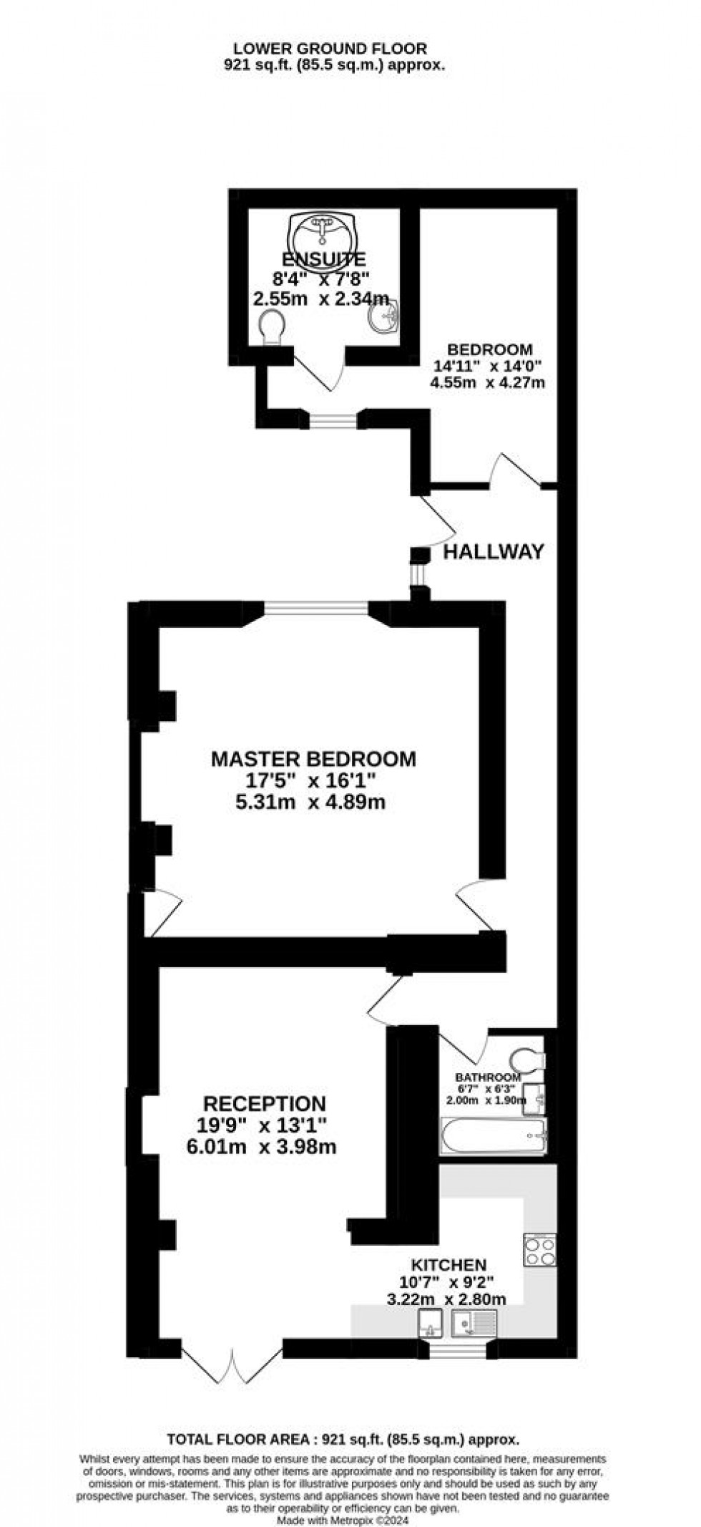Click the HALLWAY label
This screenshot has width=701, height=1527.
point(494,551)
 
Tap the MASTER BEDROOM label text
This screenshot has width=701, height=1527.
point(313,759)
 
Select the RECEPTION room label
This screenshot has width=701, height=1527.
point(264,1103)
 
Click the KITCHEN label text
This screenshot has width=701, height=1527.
point(448,1265)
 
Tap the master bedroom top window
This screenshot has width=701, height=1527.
point(317,608)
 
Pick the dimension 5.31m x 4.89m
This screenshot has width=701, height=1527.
point(310,802)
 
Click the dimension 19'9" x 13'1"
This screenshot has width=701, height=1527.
point(263,1125)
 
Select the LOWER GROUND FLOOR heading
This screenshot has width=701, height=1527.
point(330,49)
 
